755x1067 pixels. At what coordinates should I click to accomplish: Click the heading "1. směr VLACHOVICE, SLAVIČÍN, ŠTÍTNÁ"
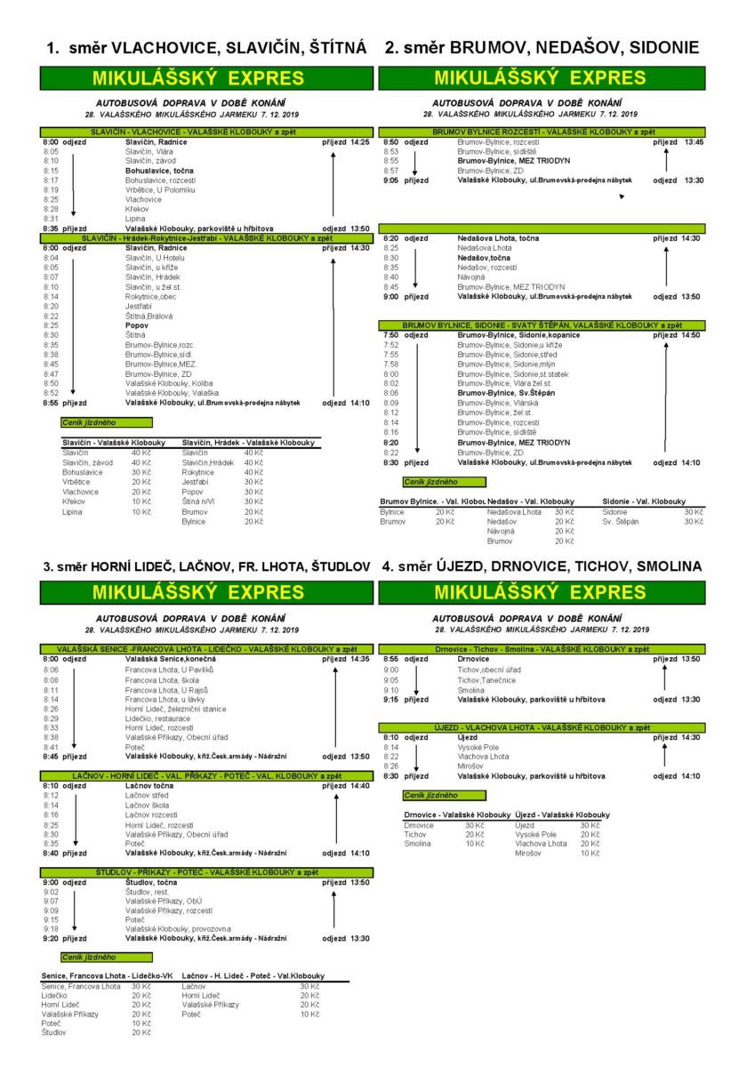click(205, 48)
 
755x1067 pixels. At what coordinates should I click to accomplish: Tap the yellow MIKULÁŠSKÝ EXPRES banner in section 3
click(205, 592)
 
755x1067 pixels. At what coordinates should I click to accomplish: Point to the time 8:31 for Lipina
click(51, 219)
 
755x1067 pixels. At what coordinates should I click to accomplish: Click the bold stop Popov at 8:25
click(137, 325)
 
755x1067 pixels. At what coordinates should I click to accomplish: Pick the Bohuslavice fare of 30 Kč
click(141, 472)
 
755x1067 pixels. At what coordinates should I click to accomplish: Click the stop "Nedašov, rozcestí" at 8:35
click(487, 267)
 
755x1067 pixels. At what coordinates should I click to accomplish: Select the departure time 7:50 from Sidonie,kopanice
click(391, 335)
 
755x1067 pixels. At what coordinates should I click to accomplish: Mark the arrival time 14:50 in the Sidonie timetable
click(690, 335)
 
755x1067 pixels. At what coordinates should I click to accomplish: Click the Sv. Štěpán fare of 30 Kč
click(694, 521)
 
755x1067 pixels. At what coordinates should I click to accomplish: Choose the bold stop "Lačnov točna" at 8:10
click(149, 786)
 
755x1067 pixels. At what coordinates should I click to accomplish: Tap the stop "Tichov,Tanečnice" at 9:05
click(486, 680)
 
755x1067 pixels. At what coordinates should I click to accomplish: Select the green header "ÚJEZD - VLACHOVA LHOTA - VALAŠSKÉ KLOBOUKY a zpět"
click(542, 727)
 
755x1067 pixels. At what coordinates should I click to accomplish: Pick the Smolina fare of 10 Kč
click(474, 843)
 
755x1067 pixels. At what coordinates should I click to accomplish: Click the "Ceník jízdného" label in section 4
click(431, 796)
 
